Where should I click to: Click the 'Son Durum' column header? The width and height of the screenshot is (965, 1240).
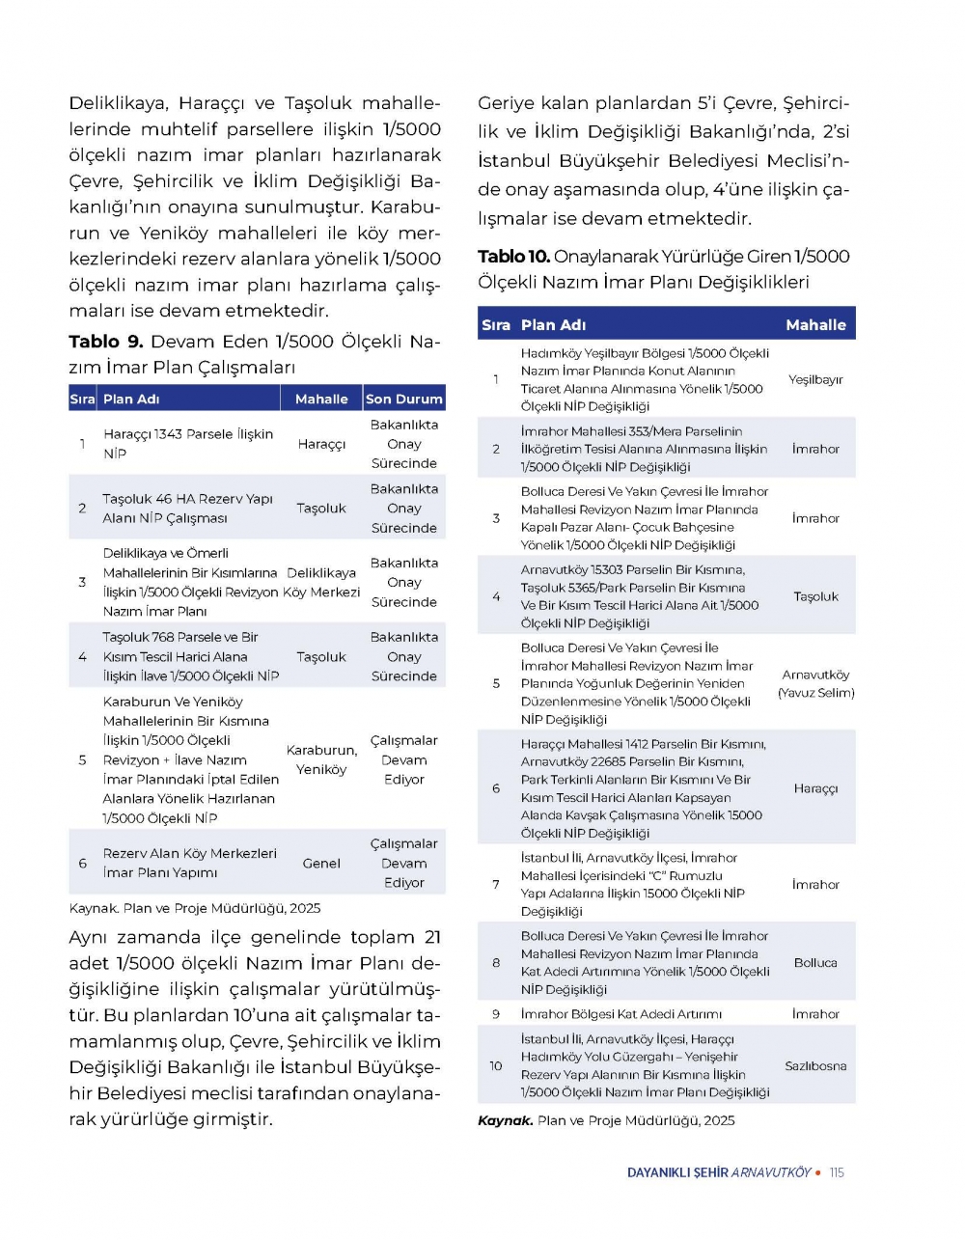pyautogui.click(x=403, y=399)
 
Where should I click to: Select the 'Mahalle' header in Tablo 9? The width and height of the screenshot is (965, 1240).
pyautogui.click(x=321, y=399)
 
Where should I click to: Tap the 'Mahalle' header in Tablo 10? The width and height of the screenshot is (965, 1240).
pyautogui.click(x=815, y=325)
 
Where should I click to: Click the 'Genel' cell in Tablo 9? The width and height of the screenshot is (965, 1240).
pyautogui.click(x=321, y=864)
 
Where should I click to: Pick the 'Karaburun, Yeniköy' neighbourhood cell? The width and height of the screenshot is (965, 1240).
pyautogui.click(x=321, y=759)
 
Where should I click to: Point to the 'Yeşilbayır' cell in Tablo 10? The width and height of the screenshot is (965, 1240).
pyautogui.click(x=815, y=379)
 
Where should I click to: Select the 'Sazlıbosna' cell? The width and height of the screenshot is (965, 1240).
pyautogui.click(x=815, y=1066)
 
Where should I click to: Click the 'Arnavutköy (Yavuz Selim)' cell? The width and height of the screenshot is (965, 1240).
pyautogui.click(x=815, y=683)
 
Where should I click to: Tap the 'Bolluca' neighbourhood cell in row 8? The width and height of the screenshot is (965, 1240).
pyautogui.click(x=815, y=962)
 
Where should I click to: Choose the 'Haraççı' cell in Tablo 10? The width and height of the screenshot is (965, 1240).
pyautogui.click(x=815, y=788)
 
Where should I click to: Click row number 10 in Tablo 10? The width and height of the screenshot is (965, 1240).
pyautogui.click(x=496, y=1066)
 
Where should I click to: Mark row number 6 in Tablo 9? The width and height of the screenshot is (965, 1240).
pyautogui.click(x=82, y=864)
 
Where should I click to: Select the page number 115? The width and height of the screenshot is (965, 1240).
pyautogui.click(x=837, y=1172)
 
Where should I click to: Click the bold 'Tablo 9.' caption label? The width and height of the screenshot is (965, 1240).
pyautogui.click(x=106, y=342)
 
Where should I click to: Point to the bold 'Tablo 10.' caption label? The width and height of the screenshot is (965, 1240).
pyautogui.click(x=513, y=257)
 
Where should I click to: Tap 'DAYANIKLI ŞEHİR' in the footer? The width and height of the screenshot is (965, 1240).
pyautogui.click(x=677, y=1172)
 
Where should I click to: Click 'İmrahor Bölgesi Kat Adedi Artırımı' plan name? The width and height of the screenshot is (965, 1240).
pyautogui.click(x=621, y=1014)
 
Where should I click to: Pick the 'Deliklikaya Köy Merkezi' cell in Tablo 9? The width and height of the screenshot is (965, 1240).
pyautogui.click(x=321, y=582)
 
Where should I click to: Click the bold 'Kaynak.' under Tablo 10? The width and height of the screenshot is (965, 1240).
pyautogui.click(x=505, y=1120)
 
